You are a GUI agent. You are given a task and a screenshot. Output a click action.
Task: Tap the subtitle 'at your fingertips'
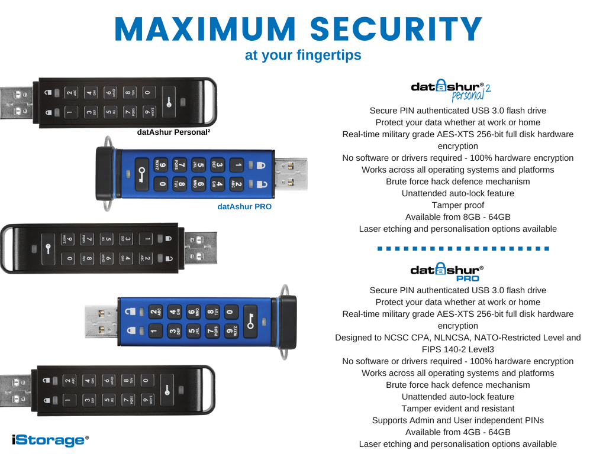coord(303,56)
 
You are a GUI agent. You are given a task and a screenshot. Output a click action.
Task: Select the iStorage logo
coord(50,440)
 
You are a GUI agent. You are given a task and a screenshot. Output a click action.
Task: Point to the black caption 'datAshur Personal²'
coord(174,132)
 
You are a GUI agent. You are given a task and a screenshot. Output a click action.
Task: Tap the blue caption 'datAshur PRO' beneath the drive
coord(244,207)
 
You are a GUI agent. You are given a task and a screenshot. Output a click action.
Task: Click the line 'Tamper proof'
coord(457,205)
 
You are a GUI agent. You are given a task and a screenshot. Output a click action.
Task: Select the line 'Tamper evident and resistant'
coord(457,408)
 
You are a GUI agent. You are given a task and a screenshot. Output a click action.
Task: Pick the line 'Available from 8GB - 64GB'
coord(457,217)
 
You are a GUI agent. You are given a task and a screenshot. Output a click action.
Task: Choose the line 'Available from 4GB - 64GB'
coord(457,432)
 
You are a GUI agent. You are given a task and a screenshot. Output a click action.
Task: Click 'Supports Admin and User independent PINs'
coord(457,420)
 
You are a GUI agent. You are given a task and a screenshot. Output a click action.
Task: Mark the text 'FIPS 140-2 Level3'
coord(457,349)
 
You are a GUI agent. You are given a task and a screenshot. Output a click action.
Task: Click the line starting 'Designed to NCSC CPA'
coord(457,338)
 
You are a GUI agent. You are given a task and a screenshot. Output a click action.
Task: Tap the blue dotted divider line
coord(464,248)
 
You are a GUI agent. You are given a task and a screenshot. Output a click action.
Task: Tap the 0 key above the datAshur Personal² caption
coord(147,92)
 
